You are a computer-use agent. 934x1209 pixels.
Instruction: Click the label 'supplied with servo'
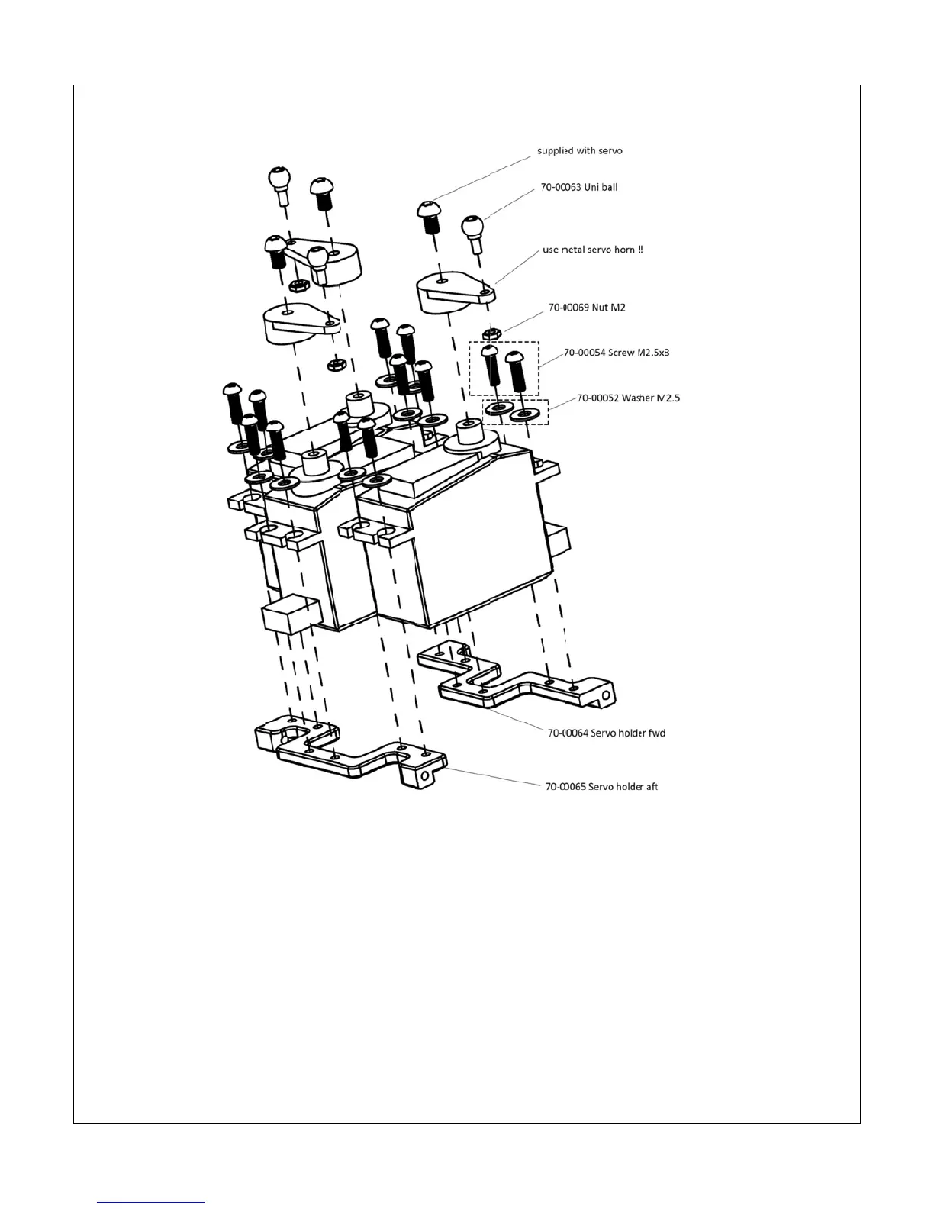point(579,150)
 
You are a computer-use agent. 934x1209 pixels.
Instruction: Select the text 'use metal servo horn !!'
point(593,250)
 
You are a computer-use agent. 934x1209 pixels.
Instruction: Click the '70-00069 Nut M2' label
point(587,308)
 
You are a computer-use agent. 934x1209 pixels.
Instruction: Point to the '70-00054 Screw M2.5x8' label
point(617,353)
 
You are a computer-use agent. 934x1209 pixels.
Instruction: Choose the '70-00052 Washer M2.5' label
point(628,398)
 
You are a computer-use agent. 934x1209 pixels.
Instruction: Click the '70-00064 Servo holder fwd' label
point(606,733)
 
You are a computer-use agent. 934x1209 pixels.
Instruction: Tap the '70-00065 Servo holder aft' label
point(601,786)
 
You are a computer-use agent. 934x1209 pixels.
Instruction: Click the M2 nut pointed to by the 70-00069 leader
point(492,333)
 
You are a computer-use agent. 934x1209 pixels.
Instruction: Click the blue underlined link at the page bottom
point(152,1202)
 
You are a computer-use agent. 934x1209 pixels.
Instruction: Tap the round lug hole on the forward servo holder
point(607,695)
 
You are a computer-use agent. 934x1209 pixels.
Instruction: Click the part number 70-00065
point(565,786)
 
